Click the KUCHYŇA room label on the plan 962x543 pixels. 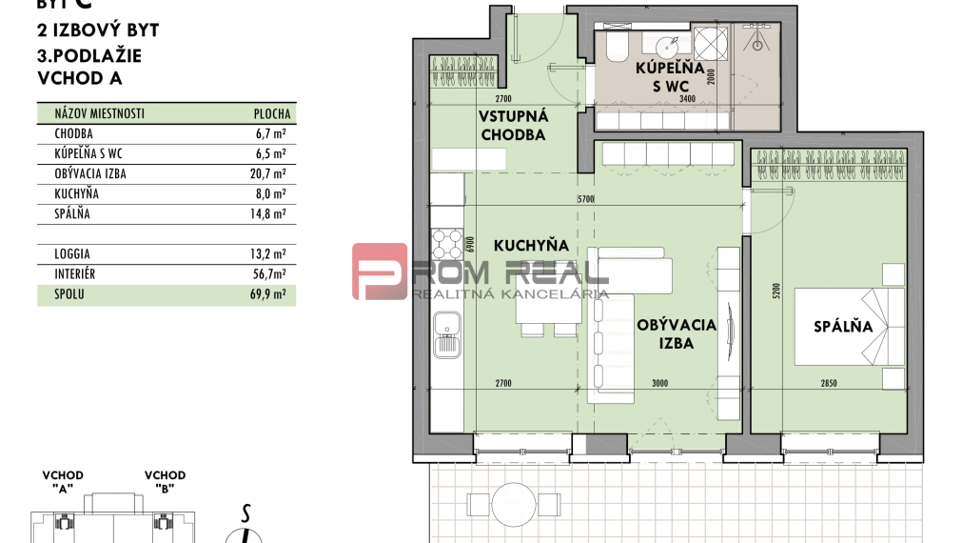[x=531, y=246]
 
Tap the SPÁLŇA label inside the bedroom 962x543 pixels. [x=842, y=327]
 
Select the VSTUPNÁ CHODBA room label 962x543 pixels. [x=513, y=125]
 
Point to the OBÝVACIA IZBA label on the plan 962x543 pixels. [x=677, y=334]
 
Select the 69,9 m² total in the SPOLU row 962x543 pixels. [x=271, y=295]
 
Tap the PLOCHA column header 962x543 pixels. [x=272, y=113]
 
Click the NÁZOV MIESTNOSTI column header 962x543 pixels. [x=93, y=113]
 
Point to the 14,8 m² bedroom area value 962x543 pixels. [x=271, y=214]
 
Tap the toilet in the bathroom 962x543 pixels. [x=613, y=47]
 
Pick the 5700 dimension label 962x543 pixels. [x=586, y=200]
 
